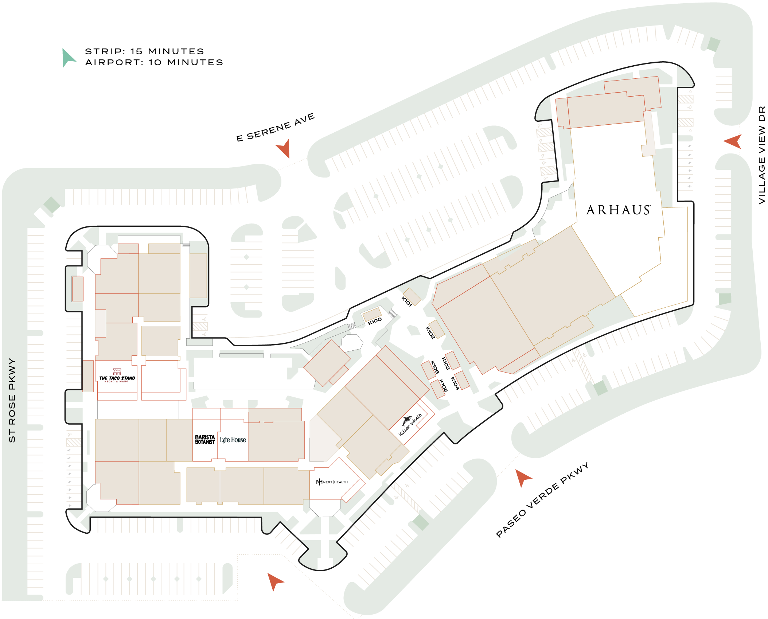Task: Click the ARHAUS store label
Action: coord(618,210)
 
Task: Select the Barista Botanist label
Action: coord(205,440)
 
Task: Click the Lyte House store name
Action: coord(233,440)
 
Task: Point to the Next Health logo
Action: coord(332,482)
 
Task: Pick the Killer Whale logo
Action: coord(410,424)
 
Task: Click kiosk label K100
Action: coord(375,321)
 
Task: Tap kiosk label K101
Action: coord(406,301)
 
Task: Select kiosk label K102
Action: coord(430,333)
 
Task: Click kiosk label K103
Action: coord(445,363)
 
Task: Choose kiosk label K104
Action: coord(455,383)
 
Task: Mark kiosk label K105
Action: coord(443,386)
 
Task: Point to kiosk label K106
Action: coord(434,367)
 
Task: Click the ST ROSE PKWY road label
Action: coord(12,400)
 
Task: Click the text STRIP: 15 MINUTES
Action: coord(144,51)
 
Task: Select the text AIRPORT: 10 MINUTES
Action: coord(154,62)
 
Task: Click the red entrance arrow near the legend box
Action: coord(284,148)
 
